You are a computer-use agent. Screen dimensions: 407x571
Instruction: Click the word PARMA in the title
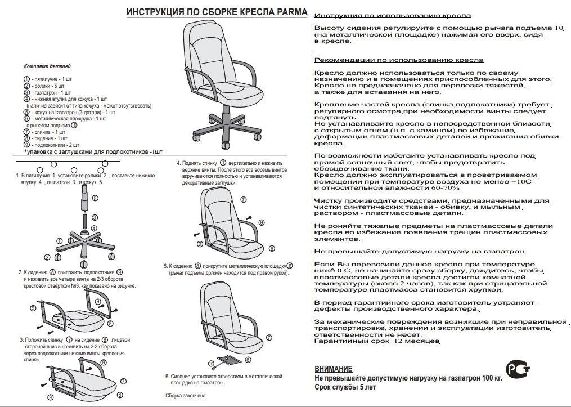291,12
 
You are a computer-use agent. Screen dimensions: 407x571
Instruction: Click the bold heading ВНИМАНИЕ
334,369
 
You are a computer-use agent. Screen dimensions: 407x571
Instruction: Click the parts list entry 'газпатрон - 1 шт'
51,92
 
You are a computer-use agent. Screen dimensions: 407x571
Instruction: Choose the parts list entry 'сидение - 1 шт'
50,138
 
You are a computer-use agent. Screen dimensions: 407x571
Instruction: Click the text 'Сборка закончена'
185,396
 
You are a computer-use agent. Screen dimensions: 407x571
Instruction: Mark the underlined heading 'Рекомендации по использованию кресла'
399,60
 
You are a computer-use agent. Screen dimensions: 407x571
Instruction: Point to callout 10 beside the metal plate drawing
211,363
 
